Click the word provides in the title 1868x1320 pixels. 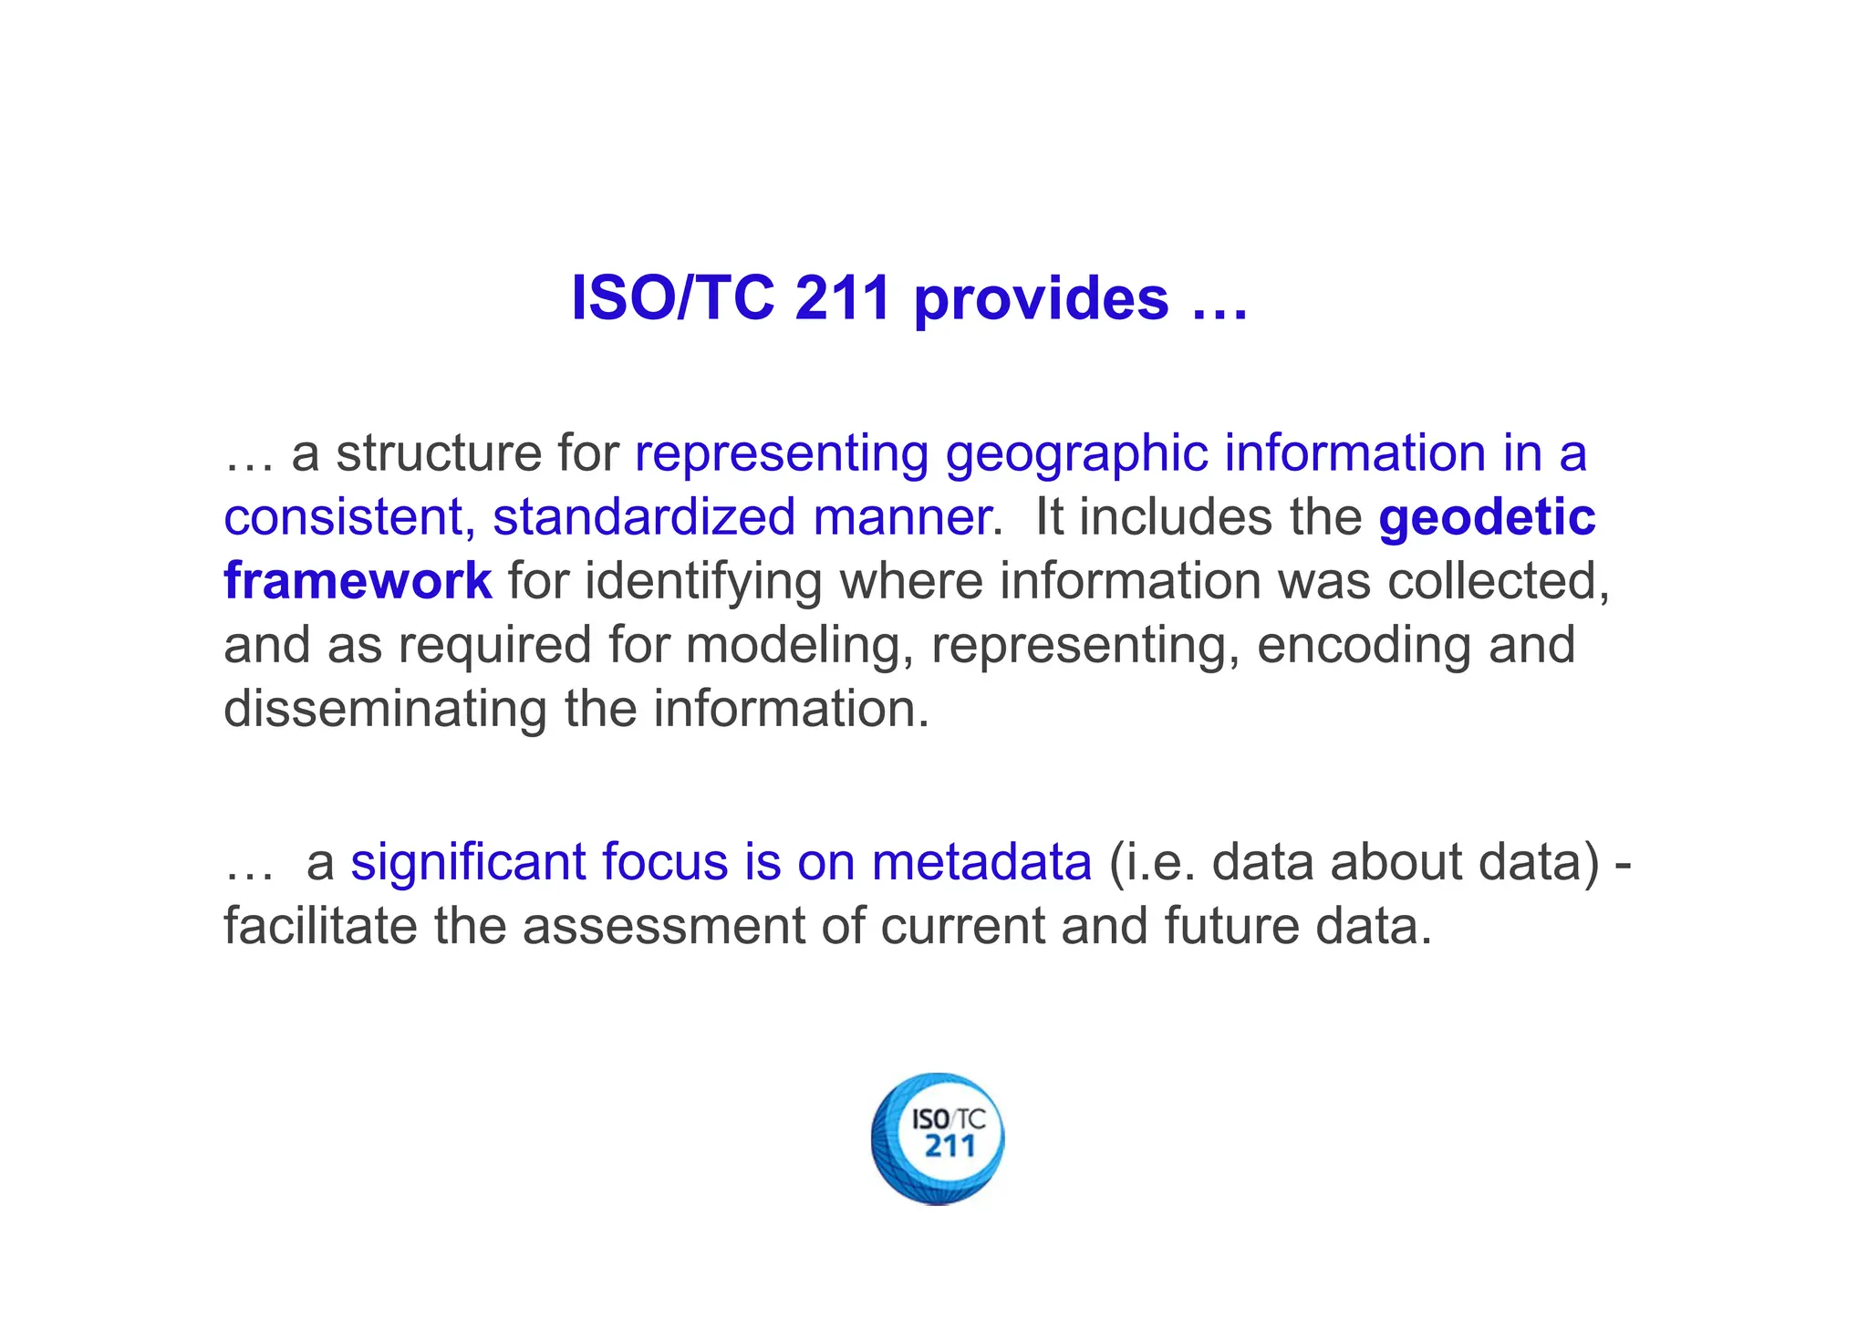click(x=1041, y=299)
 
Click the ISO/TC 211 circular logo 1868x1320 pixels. click(x=938, y=1138)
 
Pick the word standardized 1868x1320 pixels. click(x=644, y=517)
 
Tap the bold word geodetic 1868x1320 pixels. click(x=1487, y=517)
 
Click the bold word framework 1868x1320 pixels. click(x=358, y=581)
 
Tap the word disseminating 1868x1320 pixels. click(x=385, y=709)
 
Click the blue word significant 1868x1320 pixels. click(x=468, y=862)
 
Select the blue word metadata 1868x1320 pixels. click(x=981, y=862)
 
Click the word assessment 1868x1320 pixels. click(x=663, y=926)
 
